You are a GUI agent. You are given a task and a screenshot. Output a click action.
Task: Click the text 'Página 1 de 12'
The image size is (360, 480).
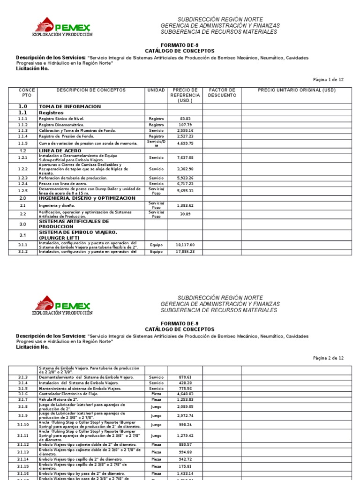point(328,80)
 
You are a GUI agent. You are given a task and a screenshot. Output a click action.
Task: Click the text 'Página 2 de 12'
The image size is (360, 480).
point(328,358)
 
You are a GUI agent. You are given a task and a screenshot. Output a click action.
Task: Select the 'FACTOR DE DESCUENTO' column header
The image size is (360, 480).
point(222,92)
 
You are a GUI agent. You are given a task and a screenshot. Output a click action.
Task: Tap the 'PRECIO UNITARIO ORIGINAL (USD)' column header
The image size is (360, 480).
point(297,90)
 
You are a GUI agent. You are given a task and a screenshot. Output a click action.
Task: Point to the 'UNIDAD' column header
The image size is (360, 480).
point(156,90)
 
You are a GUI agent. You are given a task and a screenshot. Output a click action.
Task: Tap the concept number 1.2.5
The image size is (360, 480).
point(23,191)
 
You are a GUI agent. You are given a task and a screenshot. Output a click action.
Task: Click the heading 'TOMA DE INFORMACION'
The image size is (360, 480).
point(70,107)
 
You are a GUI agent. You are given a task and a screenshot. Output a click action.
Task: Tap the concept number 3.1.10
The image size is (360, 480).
point(23,424)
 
